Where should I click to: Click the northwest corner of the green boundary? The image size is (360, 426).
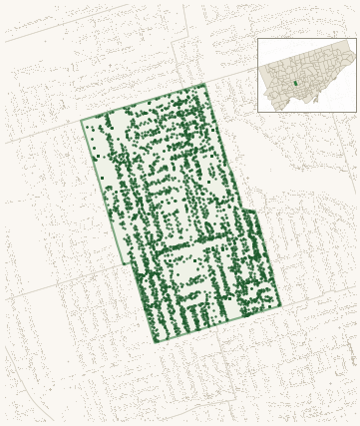click(x=81, y=122)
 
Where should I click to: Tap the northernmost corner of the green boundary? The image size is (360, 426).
click(x=204, y=84)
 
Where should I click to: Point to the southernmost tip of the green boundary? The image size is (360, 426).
click(x=156, y=342)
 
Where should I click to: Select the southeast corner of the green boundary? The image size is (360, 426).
click(x=281, y=305)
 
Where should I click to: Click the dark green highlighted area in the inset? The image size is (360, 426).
click(x=295, y=83)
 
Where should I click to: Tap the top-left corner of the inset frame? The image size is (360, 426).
click(x=257, y=39)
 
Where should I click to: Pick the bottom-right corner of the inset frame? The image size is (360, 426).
click(x=356, y=112)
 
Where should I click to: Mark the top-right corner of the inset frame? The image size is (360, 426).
click(x=356, y=39)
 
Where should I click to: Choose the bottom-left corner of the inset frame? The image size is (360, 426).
click(x=257, y=112)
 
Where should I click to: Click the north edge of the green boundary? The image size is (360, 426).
click(x=143, y=103)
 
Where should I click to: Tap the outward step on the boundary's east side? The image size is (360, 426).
click(x=243, y=210)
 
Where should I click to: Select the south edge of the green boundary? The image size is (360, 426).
click(x=218, y=324)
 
